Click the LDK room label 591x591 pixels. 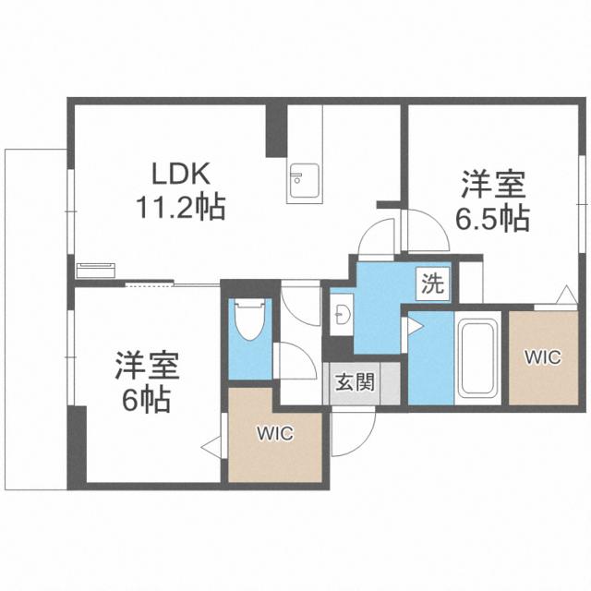pyautogui.click(x=181, y=174)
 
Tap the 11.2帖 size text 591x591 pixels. pyautogui.click(x=181, y=207)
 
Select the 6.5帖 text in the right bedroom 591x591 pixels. pyautogui.click(x=492, y=219)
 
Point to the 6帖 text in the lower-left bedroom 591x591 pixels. pyautogui.click(x=147, y=400)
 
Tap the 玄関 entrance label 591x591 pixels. pyautogui.click(x=355, y=382)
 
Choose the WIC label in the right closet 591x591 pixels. pyautogui.click(x=543, y=357)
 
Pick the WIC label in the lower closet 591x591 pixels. pyautogui.click(x=275, y=433)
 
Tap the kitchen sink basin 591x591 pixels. pyautogui.click(x=304, y=181)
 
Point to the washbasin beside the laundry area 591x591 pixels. pyautogui.click(x=342, y=314)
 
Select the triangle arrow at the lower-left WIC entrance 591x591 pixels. pyautogui.click(x=211, y=447)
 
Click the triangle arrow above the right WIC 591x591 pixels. pyautogui.click(x=567, y=295)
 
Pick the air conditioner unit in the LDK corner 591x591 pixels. pyautogui.click(x=95, y=270)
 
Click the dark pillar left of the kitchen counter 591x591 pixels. pyautogui.click(x=276, y=131)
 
